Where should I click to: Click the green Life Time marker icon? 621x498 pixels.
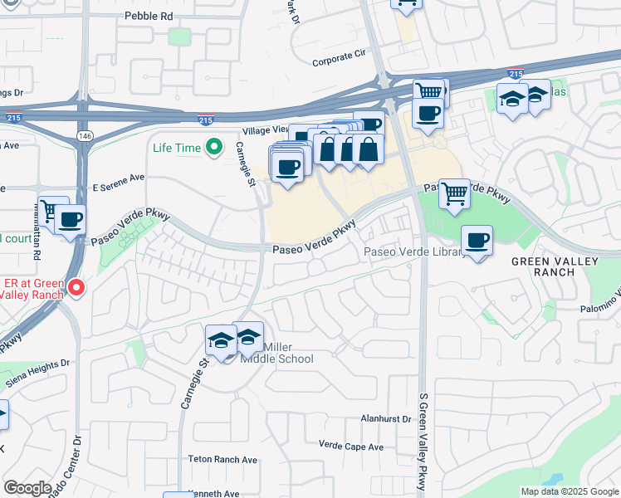point(214,148)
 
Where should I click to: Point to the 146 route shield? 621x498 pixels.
point(86,135)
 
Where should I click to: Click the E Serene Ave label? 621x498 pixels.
point(118,178)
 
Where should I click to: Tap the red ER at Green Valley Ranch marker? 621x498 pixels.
point(76,288)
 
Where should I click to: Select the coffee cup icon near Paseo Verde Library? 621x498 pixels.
point(477,241)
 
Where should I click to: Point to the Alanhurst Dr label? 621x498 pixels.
point(385,420)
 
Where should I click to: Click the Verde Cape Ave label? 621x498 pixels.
point(351,447)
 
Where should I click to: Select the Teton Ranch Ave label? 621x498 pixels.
point(222,459)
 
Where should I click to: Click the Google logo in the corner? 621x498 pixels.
point(27,488)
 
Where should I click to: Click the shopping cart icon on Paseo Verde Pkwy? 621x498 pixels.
point(454,194)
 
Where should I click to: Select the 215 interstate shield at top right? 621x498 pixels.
point(515,74)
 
